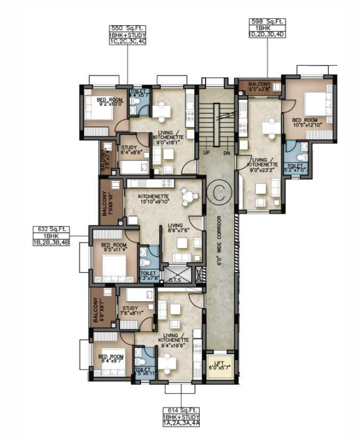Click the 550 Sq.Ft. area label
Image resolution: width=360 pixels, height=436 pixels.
[127, 28]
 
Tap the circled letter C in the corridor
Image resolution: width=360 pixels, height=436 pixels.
[220, 189]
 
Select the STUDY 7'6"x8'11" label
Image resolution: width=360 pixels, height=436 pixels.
[130, 313]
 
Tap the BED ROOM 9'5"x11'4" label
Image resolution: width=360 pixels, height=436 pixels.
[113, 248]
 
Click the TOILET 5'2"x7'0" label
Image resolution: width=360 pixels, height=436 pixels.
[295, 168]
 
